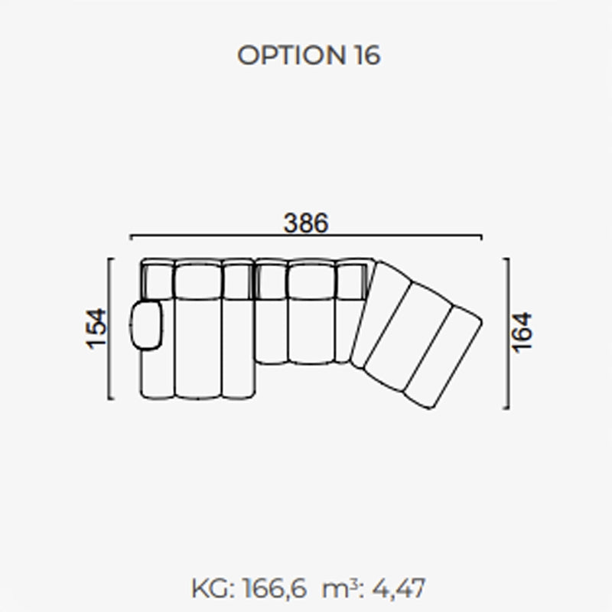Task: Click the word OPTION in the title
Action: [291, 55]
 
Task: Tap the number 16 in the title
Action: [367, 55]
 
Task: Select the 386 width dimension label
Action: [306, 223]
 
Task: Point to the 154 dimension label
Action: [96, 329]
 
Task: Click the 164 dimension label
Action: [522, 333]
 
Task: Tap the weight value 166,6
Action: [275, 588]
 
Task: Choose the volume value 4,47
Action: [398, 588]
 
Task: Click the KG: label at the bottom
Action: [213, 588]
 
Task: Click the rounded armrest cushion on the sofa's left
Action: [146, 325]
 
